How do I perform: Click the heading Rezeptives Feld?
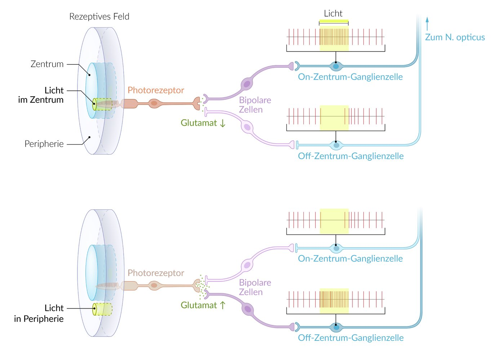click(99, 17)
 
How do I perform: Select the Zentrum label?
click(47, 64)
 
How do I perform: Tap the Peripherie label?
click(44, 144)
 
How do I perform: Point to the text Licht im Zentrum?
click(41, 95)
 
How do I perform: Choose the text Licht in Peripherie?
click(39, 314)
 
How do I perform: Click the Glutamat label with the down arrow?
click(203, 123)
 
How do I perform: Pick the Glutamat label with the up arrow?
click(203, 305)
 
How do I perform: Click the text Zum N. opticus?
click(455, 37)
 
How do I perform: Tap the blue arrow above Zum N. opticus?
click(427, 23)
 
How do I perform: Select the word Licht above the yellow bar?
click(333, 14)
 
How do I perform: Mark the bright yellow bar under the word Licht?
click(334, 21)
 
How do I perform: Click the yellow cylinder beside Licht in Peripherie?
click(102, 309)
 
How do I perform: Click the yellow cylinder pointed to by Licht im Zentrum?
click(102, 104)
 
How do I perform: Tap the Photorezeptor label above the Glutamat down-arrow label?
click(156, 90)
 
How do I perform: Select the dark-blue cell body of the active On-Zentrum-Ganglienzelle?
click(336, 66)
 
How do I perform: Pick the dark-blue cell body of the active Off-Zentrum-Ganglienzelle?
click(336, 328)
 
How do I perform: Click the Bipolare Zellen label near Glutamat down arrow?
click(255, 105)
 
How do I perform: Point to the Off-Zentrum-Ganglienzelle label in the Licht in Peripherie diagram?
click(351, 338)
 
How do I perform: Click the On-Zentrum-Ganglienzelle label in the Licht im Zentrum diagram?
click(350, 77)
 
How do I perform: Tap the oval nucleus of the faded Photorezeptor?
click(154, 285)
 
